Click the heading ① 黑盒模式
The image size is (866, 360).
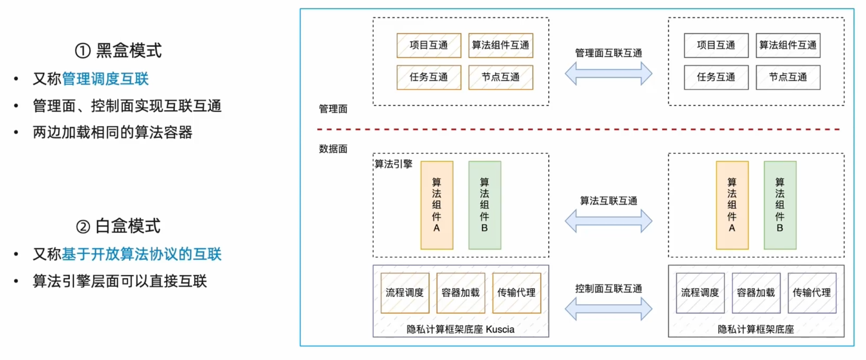pos(119,50)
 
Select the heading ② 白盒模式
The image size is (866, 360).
pos(119,226)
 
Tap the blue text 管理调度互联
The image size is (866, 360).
pos(105,79)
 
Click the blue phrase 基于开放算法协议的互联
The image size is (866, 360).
pos(142,254)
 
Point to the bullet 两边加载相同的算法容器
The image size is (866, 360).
pos(113,132)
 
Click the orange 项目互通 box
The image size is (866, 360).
pos(429,45)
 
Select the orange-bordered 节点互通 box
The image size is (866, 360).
pos(501,77)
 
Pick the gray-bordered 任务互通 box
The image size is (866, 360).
pos(716,77)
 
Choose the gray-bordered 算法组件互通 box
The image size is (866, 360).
pos(788,45)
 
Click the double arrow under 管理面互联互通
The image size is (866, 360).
pos(608,74)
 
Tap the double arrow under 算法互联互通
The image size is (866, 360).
pos(608,221)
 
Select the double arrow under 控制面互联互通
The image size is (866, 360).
pos(608,309)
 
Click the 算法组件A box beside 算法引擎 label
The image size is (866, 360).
pos(437,205)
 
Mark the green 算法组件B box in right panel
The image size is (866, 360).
pos(780,205)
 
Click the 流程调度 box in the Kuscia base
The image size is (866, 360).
pos(405,293)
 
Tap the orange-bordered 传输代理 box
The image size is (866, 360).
pos(516,293)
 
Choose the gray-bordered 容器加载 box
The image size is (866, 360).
pos(756,293)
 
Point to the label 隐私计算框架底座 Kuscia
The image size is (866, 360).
pos(461,329)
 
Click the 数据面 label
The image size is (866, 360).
pos(333,149)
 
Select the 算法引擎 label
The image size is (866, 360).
pos(393,164)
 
